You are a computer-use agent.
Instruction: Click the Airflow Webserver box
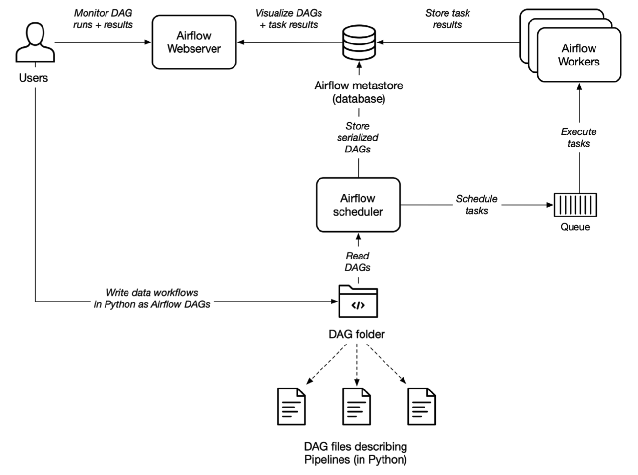coord(194,42)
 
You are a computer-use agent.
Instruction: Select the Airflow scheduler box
coord(358,205)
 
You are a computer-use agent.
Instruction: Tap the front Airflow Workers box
coord(579,55)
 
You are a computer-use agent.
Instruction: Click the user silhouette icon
coord(35,42)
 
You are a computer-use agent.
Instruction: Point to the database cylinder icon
coord(359,43)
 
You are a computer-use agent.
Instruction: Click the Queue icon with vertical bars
coord(575,205)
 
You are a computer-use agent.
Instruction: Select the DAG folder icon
coord(358,301)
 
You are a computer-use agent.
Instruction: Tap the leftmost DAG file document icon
coord(291,406)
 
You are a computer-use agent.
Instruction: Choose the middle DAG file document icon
coord(357,406)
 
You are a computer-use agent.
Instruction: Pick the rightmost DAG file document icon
coord(422,406)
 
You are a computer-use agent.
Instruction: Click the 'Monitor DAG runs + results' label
coord(103,19)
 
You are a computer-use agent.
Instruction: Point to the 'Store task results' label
coord(447,19)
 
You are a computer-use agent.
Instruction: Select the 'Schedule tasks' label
coord(477,205)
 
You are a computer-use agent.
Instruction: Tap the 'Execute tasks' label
coord(579,138)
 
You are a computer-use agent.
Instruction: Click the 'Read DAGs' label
coord(358,261)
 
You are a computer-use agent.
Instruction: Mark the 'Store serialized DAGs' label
coord(358,138)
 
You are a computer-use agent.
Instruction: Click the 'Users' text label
coord(33,78)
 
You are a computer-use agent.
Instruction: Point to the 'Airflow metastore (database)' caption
coord(359,92)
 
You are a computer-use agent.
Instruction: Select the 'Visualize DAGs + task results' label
coord(289,19)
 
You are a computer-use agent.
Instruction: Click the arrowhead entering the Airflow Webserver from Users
coord(148,42)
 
